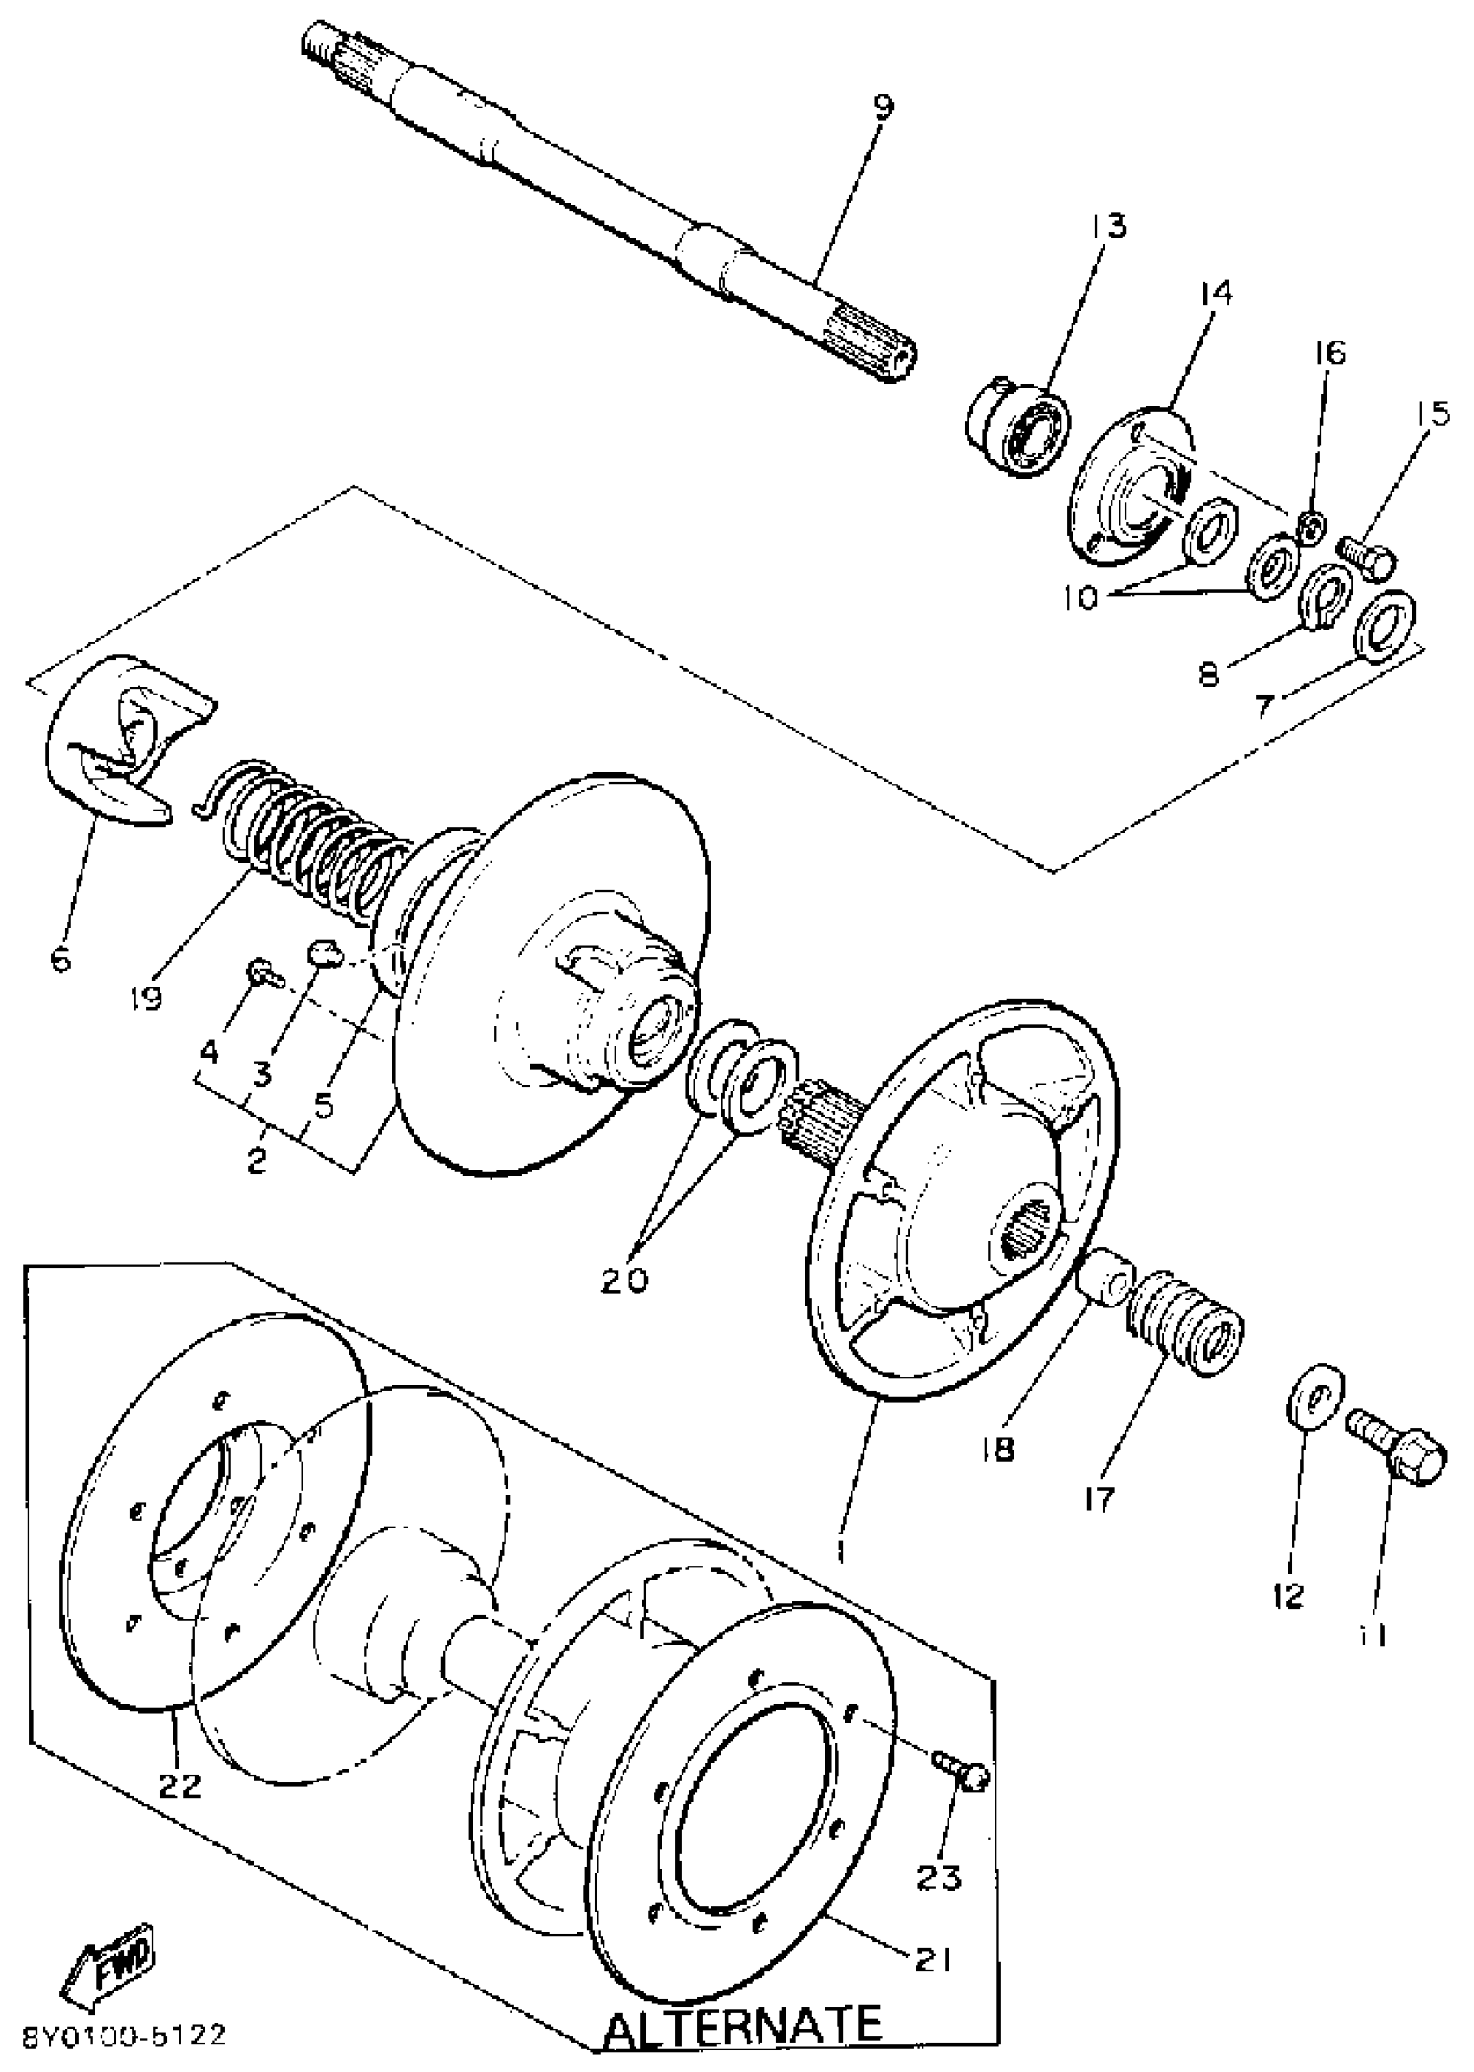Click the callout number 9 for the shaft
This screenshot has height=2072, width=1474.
point(882,108)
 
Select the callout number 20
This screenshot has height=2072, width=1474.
point(625,1280)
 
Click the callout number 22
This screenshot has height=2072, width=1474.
point(179,1787)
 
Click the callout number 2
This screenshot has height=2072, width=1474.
point(258,1158)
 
